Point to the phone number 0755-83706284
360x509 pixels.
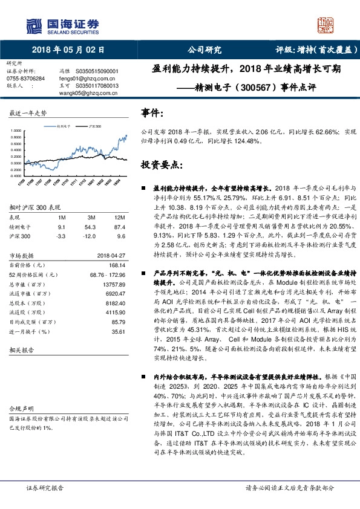[25, 79]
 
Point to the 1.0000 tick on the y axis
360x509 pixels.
[16, 131]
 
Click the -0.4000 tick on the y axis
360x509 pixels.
[16, 175]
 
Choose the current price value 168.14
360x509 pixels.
[116, 264]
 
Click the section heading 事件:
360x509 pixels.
[152, 113]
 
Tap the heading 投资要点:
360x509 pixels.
[160, 164]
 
